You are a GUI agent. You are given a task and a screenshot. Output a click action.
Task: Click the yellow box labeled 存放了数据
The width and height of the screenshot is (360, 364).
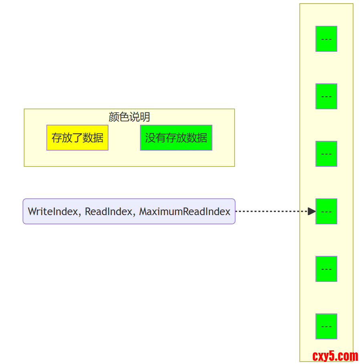(77, 138)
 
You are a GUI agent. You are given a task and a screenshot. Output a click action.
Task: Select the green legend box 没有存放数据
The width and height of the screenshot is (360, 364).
(176, 138)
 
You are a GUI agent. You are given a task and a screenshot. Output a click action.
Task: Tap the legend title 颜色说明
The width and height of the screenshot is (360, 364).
(129, 117)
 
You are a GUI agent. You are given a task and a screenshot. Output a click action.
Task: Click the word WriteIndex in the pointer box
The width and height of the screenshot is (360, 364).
(53, 211)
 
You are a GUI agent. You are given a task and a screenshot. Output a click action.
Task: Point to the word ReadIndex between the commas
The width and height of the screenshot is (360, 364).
(108, 211)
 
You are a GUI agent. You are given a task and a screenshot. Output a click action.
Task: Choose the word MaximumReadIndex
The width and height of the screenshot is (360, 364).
(185, 211)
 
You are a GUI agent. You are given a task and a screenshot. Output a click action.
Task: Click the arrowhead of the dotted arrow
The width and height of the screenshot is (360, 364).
(311, 211)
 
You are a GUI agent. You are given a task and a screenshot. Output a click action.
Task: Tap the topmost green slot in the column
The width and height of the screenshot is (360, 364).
(326, 39)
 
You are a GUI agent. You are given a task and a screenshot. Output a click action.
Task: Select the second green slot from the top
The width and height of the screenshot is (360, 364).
(326, 96)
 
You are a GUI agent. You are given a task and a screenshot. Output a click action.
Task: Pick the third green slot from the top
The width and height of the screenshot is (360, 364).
(326, 154)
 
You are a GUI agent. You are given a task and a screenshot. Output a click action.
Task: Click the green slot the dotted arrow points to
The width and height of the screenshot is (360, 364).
(326, 211)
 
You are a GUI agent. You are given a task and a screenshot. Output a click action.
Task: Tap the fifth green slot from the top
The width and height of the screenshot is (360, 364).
(326, 269)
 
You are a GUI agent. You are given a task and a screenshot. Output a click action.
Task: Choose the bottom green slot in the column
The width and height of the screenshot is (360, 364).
(326, 326)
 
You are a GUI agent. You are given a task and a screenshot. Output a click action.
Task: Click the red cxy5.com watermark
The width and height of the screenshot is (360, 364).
(335, 356)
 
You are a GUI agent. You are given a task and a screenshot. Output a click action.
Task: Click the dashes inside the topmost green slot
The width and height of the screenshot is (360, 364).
(326, 39)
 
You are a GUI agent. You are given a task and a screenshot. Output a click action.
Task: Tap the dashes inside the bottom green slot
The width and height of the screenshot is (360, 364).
(326, 327)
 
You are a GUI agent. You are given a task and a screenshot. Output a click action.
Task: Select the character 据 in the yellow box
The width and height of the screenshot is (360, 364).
(98, 138)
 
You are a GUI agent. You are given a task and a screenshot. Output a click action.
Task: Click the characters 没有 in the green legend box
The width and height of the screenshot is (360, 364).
(155, 138)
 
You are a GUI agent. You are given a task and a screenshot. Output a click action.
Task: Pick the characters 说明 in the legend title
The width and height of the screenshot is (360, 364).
(140, 117)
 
